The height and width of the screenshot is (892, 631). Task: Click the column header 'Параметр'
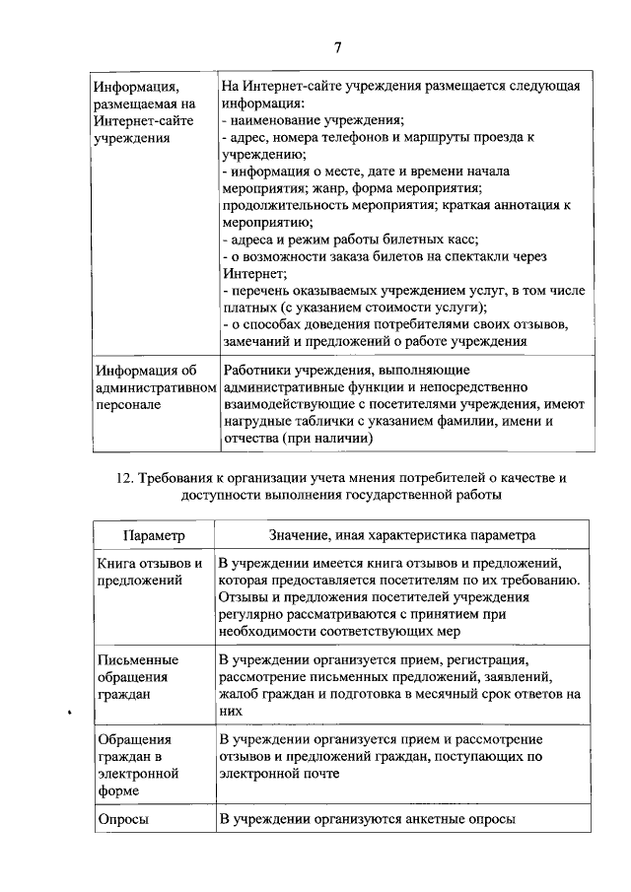(154, 534)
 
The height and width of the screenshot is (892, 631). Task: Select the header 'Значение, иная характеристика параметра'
(402, 534)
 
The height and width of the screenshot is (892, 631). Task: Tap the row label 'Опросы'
(122, 819)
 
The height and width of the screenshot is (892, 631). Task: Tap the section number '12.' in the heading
(125, 477)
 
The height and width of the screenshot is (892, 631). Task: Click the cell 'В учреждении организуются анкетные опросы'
(367, 819)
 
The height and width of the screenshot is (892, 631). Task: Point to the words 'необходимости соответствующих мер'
(331, 633)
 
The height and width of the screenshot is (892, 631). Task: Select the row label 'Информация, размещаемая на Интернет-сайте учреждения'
(145, 111)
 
